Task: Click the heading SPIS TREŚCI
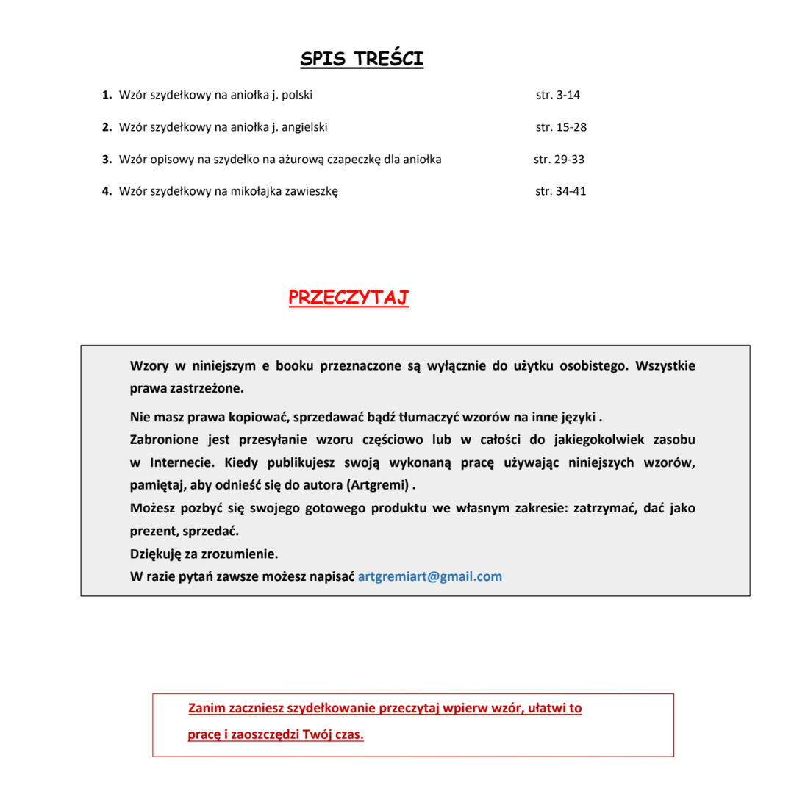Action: coord(362,59)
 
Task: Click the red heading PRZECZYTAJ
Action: coord(348,298)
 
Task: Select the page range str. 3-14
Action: coord(559,95)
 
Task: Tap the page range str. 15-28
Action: coord(561,127)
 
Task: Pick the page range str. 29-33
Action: coord(559,160)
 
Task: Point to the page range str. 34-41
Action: coord(561,192)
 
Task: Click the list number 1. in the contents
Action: coord(107,95)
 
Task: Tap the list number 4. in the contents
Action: coord(107,192)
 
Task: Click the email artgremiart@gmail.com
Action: coord(429,576)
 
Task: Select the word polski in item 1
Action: coord(298,95)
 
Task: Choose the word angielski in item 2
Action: coord(304,127)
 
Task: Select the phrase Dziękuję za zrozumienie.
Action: coord(204,554)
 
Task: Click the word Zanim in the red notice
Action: coord(206,709)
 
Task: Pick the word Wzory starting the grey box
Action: coord(149,365)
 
